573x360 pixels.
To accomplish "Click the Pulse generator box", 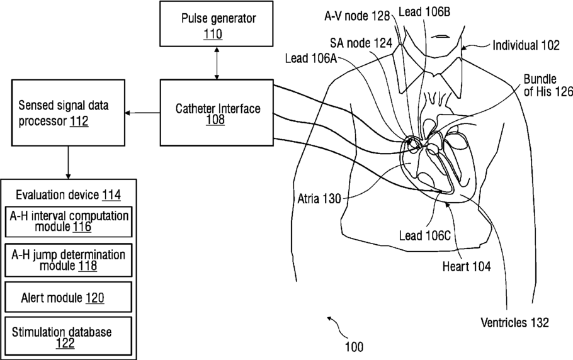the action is coord(217,24).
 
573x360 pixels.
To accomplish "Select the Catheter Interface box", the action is coord(217,113).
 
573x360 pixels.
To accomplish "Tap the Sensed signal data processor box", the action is coord(69,113).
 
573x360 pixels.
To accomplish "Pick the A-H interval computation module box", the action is coord(69,222).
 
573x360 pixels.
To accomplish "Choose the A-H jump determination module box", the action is coord(69,261).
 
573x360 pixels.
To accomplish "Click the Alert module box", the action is coord(69,297).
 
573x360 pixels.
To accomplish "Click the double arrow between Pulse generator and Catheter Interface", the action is coord(217,63).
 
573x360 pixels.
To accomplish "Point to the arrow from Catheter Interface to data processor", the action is coord(142,113).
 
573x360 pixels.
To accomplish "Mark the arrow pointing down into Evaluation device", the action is coord(68,162).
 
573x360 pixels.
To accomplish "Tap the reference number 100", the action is coord(354,347).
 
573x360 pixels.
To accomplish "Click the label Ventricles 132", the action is coord(514,323).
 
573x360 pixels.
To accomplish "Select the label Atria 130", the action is coord(319,199).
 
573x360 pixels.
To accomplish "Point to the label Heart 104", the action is coord(467,266).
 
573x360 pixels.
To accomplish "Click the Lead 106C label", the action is coord(424,235).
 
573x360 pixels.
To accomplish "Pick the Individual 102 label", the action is coord(526,45).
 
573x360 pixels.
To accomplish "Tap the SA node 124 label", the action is coord(361,43).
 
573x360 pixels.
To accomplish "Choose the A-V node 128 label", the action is coord(357,16).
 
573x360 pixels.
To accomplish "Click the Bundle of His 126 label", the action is coord(548,86).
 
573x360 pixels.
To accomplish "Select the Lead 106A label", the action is coord(311,58).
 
